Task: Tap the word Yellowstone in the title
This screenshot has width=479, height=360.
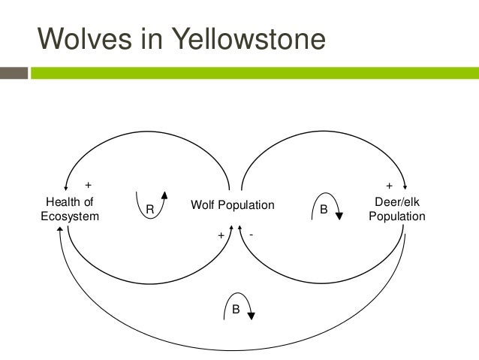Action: pos(249,38)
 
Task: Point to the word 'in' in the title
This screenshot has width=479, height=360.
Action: pos(159,38)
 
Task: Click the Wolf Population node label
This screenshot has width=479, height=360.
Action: pos(233,205)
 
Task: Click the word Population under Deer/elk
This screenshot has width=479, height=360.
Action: pos(397,216)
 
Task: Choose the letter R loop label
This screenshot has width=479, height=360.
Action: pos(149,210)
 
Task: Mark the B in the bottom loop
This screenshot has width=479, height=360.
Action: pos(235,307)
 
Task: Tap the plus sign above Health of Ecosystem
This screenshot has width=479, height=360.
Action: pos(88,184)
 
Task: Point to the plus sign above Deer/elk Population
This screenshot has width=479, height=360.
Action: pos(389,184)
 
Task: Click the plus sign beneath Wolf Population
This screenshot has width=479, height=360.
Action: pos(221,235)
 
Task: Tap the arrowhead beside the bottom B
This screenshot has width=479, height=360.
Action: pos(251,316)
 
